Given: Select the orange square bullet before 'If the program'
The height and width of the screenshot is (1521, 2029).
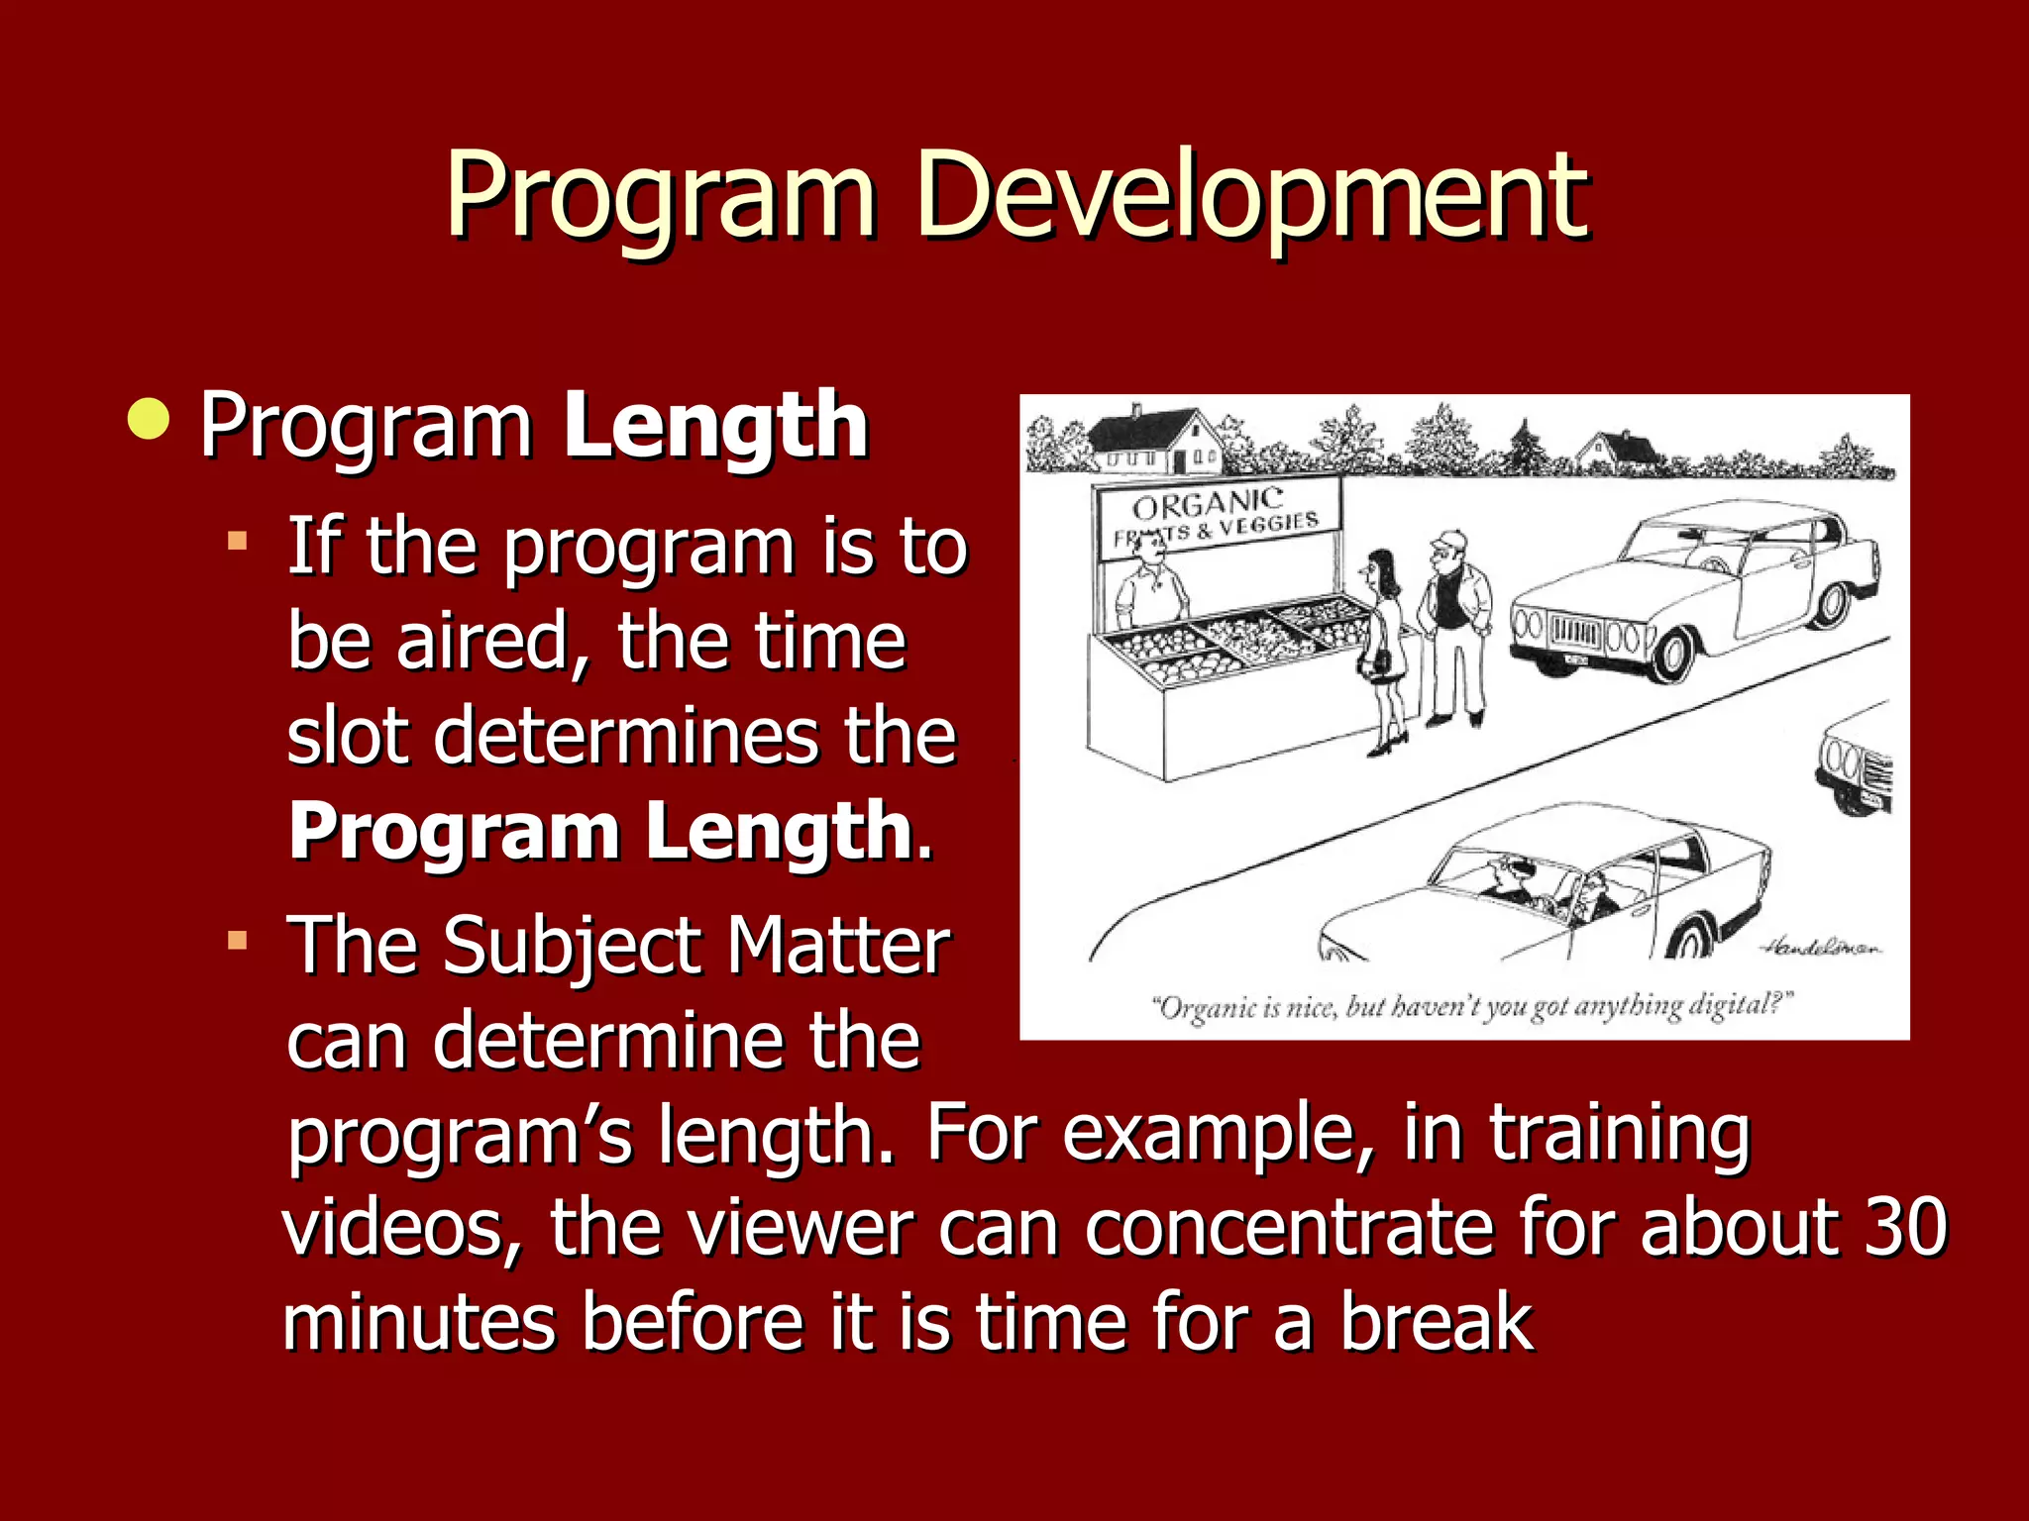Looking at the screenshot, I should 237,541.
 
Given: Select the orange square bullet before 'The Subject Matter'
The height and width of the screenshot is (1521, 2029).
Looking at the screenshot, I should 237,940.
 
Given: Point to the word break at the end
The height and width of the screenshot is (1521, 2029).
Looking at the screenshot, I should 1437,1322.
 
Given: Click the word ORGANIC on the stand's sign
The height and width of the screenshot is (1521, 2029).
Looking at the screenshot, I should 1207,504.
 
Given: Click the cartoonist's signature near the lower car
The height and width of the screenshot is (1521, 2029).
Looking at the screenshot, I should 1821,948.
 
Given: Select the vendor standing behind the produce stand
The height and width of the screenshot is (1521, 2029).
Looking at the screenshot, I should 1149,589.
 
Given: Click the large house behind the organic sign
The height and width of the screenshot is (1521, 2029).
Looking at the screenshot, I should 1155,441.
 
